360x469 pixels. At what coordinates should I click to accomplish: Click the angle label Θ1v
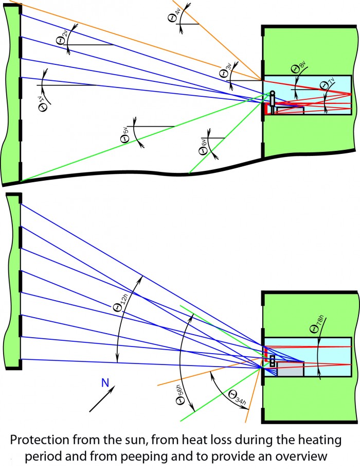pyautogui.click(x=44, y=103)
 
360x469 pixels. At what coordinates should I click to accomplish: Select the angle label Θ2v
pyautogui.click(x=62, y=37)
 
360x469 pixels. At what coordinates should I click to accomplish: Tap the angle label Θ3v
pyautogui.click(x=226, y=70)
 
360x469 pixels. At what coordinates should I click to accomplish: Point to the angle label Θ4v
pyautogui.click(x=174, y=15)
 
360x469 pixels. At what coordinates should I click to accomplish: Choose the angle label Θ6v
pyautogui.click(x=204, y=147)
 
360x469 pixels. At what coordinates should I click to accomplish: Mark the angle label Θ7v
pyautogui.click(x=327, y=83)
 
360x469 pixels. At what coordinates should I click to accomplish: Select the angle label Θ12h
pyautogui.click(x=121, y=303)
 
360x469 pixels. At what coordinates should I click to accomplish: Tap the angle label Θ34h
pyautogui.click(x=238, y=398)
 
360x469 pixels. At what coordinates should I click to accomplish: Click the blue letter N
pyautogui.click(x=105, y=383)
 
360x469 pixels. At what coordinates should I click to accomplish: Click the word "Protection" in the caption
pyautogui.click(x=40, y=441)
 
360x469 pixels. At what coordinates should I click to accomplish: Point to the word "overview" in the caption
pyautogui.click(x=301, y=457)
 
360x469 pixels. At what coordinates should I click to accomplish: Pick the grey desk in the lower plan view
pyautogui.click(x=290, y=369)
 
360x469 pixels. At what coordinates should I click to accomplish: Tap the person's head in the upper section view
pyautogui.click(x=272, y=93)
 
